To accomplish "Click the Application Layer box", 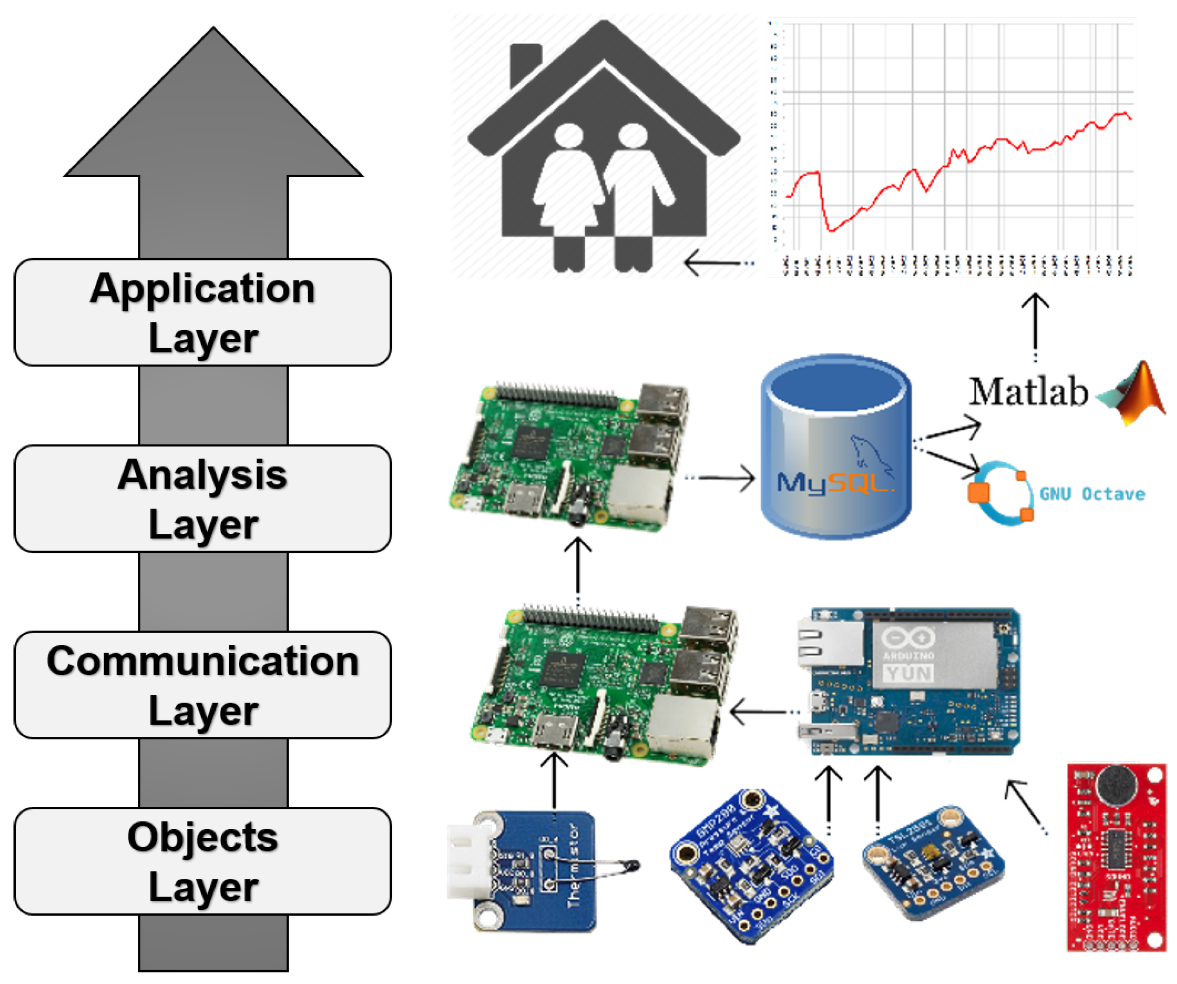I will tap(202, 312).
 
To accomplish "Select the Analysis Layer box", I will tap(202, 499).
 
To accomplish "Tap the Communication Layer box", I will tap(202, 685).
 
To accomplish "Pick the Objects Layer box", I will tap(202, 861).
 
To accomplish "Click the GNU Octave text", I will tap(1092, 494).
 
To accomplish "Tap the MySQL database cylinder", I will tap(835, 447).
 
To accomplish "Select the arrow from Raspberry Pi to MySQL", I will tap(723, 478).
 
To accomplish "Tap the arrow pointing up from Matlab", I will tap(1035, 325).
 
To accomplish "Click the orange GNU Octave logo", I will tap(1001, 493).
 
